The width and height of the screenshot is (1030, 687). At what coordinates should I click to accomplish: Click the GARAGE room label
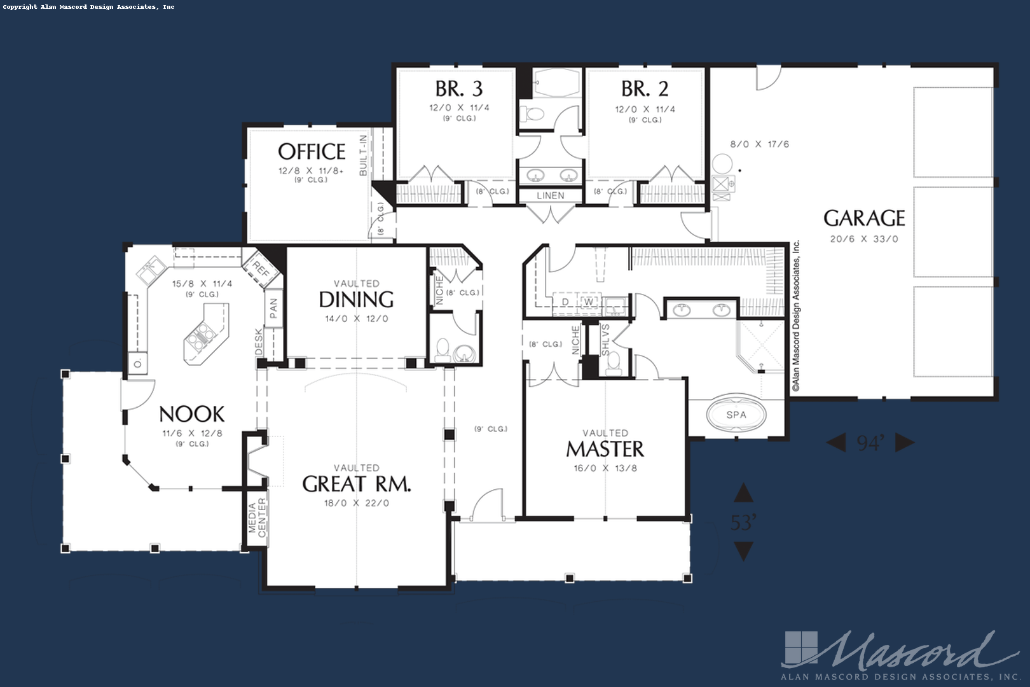pyautogui.click(x=864, y=219)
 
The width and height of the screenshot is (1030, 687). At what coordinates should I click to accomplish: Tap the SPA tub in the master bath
pyautogui.click(x=736, y=414)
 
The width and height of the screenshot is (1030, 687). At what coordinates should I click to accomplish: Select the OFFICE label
pyautogui.click(x=312, y=152)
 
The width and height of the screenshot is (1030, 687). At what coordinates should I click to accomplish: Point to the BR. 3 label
pyautogui.click(x=459, y=89)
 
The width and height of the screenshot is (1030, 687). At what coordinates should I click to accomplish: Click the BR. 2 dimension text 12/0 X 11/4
pyautogui.click(x=645, y=109)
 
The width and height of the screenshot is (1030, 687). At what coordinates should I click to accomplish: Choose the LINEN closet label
pyautogui.click(x=551, y=195)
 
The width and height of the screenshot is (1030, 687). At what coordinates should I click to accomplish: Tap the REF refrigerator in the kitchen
pyautogui.click(x=261, y=268)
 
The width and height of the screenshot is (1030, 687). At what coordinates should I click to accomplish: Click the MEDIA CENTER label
pyautogui.click(x=257, y=518)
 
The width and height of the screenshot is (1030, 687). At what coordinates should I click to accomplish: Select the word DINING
pyautogui.click(x=356, y=300)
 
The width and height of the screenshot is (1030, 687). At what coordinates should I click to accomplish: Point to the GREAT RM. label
pyautogui.click(x=356, y=484)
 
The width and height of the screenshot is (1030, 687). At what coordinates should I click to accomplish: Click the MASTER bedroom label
pyautogui.click(x=605, y=449)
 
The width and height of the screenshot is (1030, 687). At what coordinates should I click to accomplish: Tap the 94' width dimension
pyautogui.click(x=870, y=443)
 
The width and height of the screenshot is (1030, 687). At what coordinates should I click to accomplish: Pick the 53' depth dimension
pyautogui.click(x=743, y=522)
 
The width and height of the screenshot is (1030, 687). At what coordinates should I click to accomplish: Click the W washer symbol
pyautogui.click(x=589, y=302)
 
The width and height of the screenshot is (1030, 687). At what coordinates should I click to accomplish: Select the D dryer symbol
pyautogui.click(x=566, y=302)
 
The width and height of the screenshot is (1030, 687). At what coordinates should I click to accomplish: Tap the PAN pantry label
pyautogui.click(x=273, y=309)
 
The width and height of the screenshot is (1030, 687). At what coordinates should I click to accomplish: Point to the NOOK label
pyautogui.click(x=192, y=414)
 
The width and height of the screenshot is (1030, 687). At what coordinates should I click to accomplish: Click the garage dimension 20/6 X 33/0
pyautogui.click(x=864, y=239)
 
